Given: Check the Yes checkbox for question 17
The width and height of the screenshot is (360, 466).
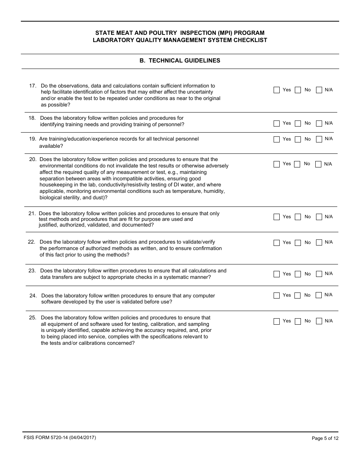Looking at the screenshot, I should pyautogui.click(x=277, y=90).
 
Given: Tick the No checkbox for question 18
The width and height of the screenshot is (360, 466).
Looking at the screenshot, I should pyautogui.click(x=298, y=124).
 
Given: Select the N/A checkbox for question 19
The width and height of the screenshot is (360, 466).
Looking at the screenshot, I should pyautogui.click(x=319, y=139).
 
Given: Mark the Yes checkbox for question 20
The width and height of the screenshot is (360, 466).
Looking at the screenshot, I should pyautogui.click(x=277, y=164).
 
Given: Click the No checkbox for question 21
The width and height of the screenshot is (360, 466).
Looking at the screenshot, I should pyautogui.click(x=298, y=217).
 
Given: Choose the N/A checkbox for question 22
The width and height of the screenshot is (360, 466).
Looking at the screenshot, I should pyautogui.click(x=319, y=242).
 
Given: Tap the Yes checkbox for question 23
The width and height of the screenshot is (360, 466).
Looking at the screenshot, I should pyautogui.click(x=277, y=274).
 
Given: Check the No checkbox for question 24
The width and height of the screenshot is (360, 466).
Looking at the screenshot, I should pyautogui.click(x=298, y=296).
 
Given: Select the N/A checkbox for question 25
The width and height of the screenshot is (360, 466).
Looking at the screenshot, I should pyautogui.click(x=319, y=321).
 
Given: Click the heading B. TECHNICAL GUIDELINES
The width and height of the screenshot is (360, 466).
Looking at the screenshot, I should pyautogui.click(x=180, y=61).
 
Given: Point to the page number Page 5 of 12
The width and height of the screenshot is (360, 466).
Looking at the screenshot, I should pyautogui.click(x=325, y=438).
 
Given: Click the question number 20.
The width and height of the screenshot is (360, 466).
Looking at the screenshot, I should pyautogui.click(x=33, y=160).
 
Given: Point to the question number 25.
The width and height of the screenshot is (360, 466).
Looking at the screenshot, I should pyautogui.click(x=33, y=318).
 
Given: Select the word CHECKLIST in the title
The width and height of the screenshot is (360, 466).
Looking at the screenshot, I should pyautogui.click(x=250, y=40).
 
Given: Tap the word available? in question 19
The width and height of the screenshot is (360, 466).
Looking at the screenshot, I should pyautogui.click(x=51, y=146).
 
